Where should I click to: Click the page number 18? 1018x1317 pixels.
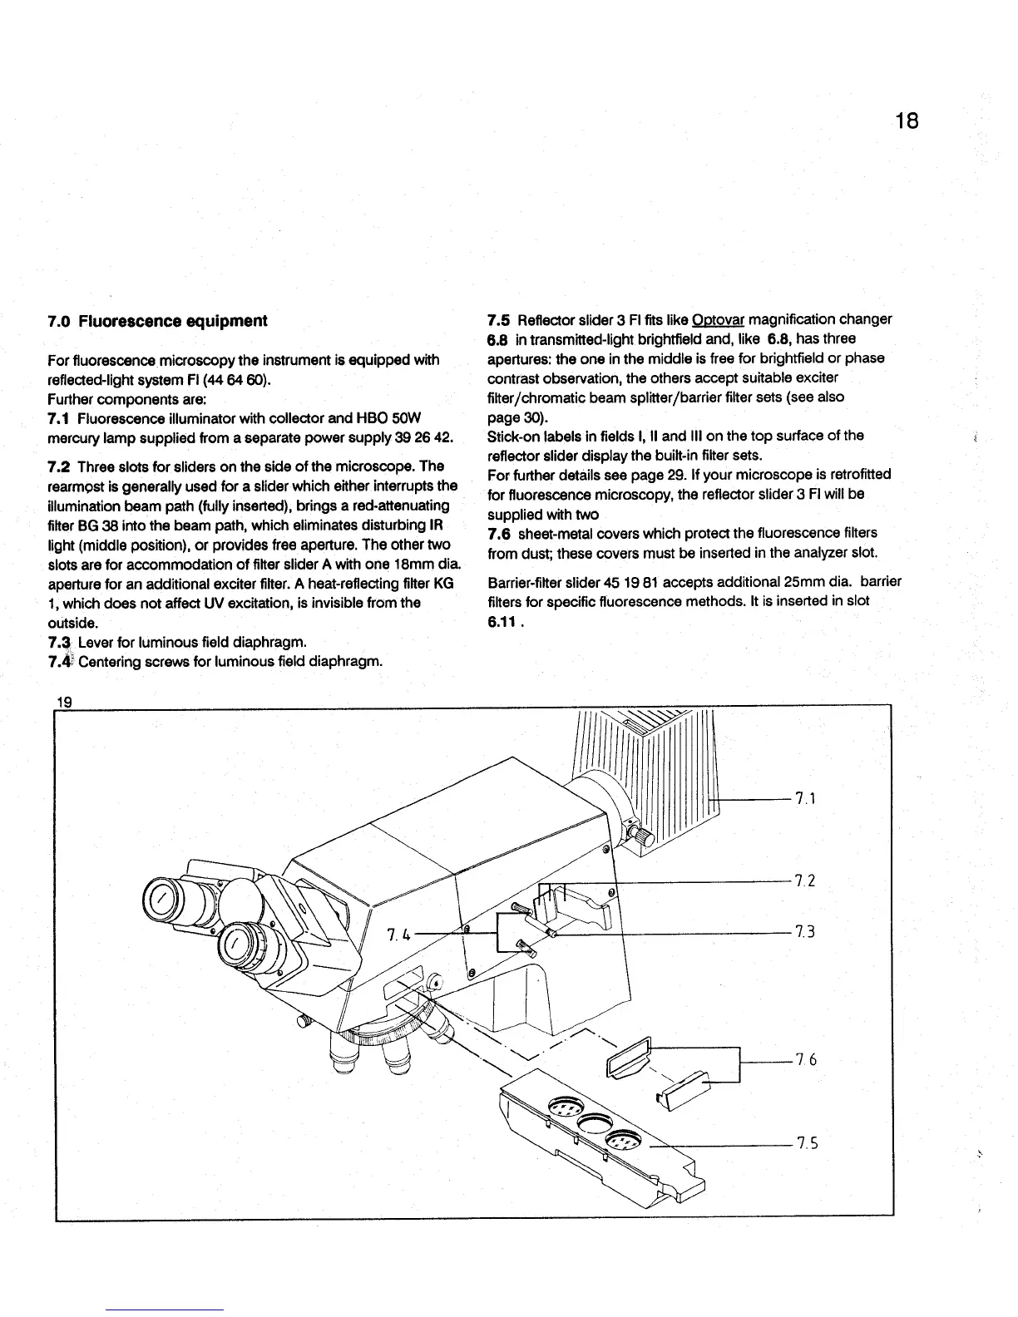[907, 121]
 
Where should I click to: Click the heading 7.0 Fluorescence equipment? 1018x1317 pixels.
[157, 321]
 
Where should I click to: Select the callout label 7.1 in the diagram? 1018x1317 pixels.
[804, 799]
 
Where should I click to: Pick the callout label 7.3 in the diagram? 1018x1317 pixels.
[804, 932]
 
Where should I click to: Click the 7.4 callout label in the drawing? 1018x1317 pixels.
[399, 935]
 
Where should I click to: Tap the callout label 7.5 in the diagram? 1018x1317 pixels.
[806, 1143]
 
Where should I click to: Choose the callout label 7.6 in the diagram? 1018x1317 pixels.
[806, 1060]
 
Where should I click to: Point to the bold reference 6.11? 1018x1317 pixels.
[502, 620]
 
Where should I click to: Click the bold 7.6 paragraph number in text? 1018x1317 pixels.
[498, 533]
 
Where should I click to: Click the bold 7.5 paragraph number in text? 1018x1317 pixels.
[498, 320]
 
